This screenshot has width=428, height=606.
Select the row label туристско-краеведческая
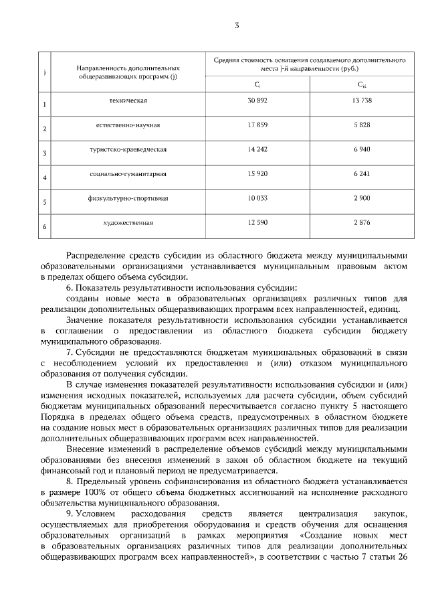(128, 149)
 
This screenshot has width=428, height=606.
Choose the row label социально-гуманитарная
(128, 174)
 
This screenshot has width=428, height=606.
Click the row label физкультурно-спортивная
(128, 199)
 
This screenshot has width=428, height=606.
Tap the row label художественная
(128, 223)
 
